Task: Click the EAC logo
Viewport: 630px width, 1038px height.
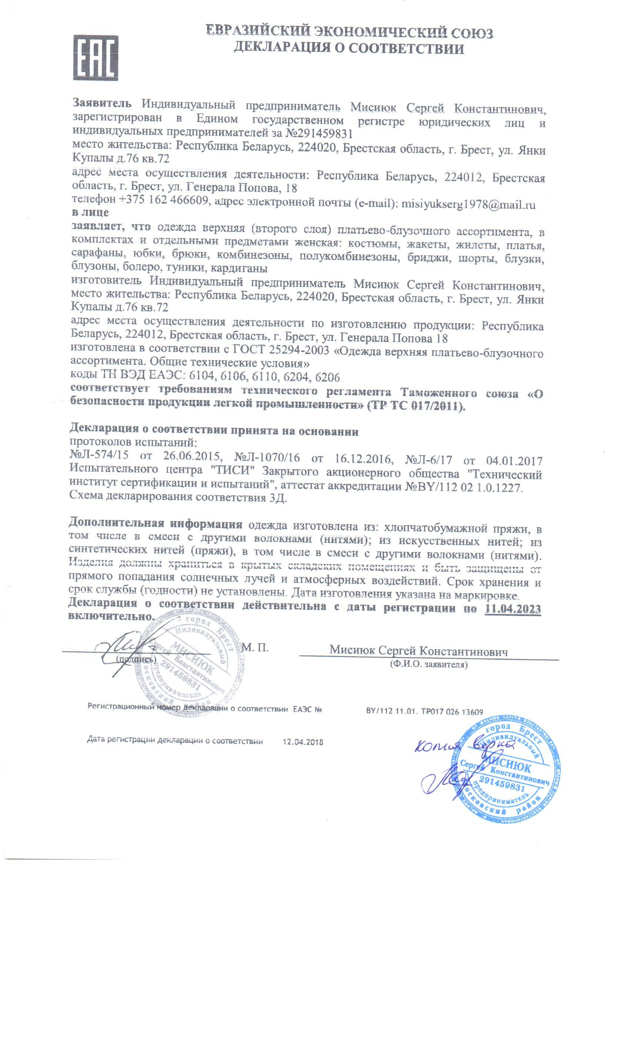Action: (x=96, y=58)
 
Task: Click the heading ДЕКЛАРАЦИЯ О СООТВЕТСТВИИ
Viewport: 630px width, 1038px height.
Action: (x=349, y=49)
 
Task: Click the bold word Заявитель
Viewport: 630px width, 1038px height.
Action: (x=102, y=102)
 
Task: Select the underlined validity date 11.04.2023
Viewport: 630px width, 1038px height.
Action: (x=513, y=609)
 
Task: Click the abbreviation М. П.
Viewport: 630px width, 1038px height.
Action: (x=256, y=648)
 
